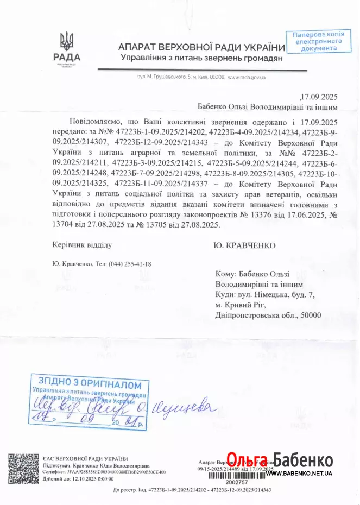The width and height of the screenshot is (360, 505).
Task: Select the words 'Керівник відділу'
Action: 82,245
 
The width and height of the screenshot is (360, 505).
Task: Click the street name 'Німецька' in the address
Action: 276,294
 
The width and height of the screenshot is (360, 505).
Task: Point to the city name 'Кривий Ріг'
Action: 246,305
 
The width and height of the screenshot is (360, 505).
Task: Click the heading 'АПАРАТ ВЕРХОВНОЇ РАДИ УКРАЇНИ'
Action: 201,48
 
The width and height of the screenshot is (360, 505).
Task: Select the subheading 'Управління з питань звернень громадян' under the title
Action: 201,58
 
